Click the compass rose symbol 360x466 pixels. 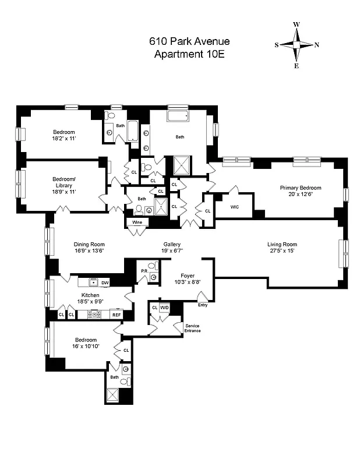pyautogui.click(x=297, y=45)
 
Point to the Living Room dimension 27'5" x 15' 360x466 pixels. pyautogui.click(x=282, y=252)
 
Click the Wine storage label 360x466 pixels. pyautogui.click(x=137, y=223)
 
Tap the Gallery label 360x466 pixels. pyautogui.click(x=171, y=245)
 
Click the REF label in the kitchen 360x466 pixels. pyautogui.click(x=117, y=315)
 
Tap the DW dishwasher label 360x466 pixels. pyautogui.click(x=105, y=283)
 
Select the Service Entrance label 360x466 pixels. pyautogui.click(x=193, y=328)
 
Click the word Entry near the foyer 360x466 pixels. pyautogui.click(x=202, y=305)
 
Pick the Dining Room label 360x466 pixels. pyautogui.click(x=89, y=245)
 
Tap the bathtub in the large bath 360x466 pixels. pyautogui.click(x=178, y=117)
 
